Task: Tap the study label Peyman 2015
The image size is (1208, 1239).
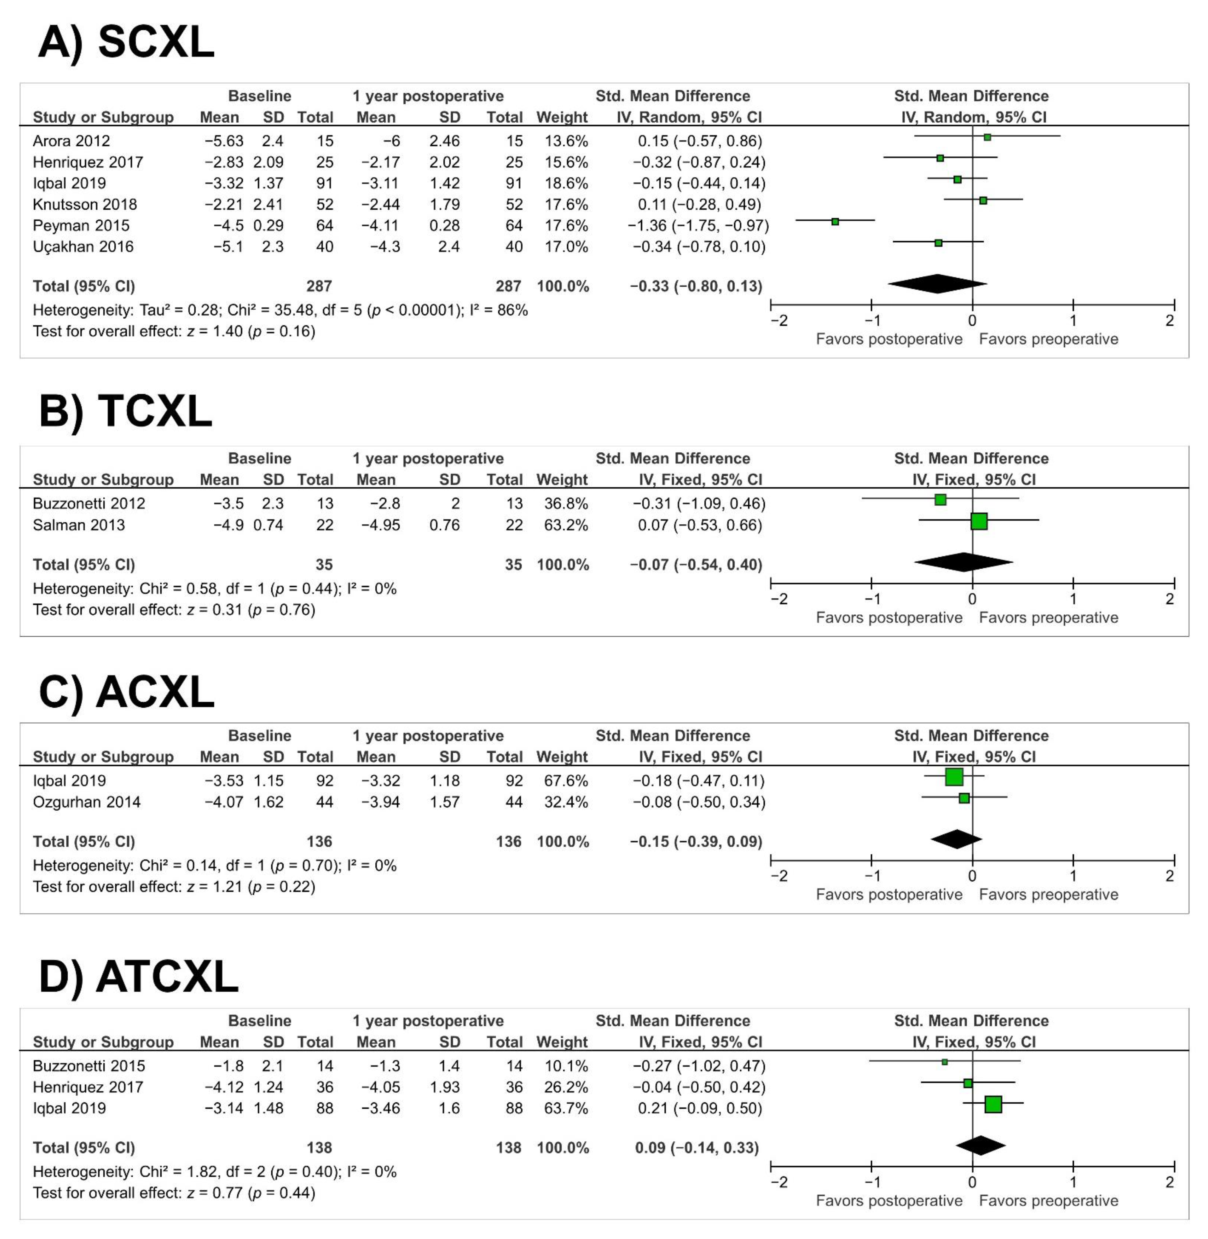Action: [81, 225]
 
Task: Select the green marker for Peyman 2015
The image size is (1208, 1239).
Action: [835, 222]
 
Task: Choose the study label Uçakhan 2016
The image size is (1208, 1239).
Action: [83, 246]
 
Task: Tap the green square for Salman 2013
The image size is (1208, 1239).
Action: [979, 521]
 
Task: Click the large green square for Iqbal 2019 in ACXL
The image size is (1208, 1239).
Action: [953, 776]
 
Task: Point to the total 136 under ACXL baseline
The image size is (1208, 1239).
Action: [319, 842]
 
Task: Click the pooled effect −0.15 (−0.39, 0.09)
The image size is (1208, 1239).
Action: [696, 842]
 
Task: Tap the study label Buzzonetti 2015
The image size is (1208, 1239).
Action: [89, 1066]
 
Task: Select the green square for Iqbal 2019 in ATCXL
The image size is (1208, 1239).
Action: [993, 1105]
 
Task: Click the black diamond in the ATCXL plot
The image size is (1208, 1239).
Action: [980, 1145]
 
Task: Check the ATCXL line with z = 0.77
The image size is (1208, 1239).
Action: [174, 1193]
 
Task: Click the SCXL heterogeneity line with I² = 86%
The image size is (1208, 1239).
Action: [280, 310]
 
